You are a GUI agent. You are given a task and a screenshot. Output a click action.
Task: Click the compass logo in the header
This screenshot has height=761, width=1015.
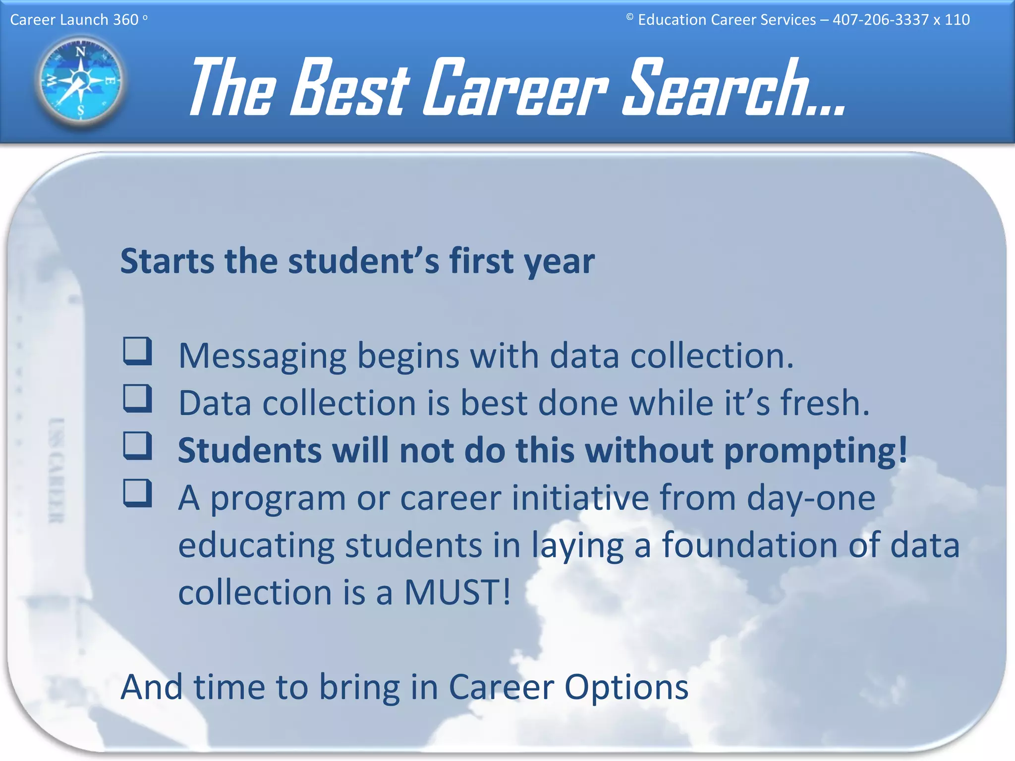tap(80, 80)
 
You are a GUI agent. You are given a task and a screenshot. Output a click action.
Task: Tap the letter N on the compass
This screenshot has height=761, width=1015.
tap(80, 51)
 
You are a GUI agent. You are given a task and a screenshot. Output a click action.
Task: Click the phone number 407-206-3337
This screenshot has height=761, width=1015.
tap(880, 20)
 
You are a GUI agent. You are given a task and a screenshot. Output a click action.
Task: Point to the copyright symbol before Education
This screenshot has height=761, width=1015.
tap(629, 17)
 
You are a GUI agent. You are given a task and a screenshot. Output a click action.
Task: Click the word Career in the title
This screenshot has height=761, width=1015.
tap(515, 88)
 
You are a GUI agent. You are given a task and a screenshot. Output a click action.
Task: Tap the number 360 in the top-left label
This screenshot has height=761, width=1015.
tap(125, 20)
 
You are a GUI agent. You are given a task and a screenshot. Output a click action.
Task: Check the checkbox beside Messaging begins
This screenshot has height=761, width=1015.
tap(137, 351)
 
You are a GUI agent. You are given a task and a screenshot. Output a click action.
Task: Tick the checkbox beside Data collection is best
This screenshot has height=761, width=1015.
tap(137, 398)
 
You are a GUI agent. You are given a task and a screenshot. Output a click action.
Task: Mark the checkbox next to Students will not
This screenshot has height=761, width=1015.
tap(137, 445)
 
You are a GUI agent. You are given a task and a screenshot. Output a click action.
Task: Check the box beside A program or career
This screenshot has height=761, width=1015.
tap(137, 493)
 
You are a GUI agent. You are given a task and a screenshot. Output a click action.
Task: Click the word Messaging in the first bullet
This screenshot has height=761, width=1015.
tap(262, 357)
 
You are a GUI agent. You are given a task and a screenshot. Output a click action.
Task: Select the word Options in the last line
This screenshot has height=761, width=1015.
tap(626, 687)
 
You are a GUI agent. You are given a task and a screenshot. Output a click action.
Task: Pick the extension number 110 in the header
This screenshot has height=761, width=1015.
tap(957, 20)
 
